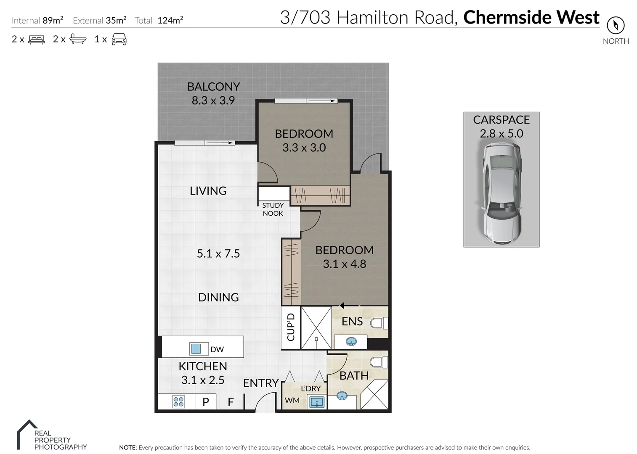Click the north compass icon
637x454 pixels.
[616, 25]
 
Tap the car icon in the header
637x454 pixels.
[119, 39]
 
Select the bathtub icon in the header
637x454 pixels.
[78, 39]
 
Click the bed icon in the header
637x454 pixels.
[37, 40]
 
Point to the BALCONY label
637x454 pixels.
[214, 86]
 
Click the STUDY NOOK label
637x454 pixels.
[273, 209]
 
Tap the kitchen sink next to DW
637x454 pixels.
[196, 348]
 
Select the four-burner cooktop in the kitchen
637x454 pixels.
[178, 402]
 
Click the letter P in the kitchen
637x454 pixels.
[206, 402]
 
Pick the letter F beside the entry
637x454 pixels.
[231, 402]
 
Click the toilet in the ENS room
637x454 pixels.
[379, 323]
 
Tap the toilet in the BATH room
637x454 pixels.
[379, 362]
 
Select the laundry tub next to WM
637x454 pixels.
[316, 402]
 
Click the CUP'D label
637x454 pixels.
[291, 327]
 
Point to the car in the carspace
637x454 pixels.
[502, 194]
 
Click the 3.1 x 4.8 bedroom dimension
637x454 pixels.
[345, 264]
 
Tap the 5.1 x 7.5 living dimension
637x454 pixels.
[218, 253]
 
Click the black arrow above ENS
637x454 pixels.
[349, 306]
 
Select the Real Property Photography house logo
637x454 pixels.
[28, 434]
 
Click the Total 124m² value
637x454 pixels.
[170, 20]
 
